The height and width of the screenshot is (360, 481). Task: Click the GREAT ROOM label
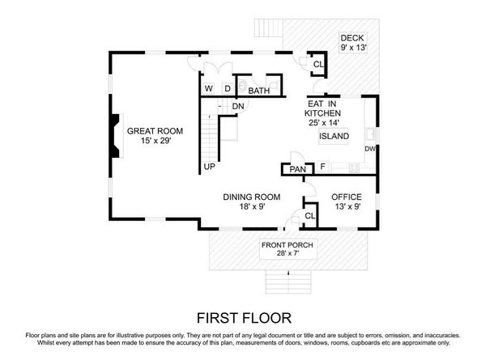tap(154, 131)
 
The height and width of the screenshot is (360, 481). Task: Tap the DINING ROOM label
tap(252, 197)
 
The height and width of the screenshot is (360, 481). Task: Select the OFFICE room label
tap(347, 197)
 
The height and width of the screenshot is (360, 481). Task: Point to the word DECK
tap(352, 38)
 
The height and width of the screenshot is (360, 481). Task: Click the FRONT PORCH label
tap(287, 245)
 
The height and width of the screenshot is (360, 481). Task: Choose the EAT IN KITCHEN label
tap(322, 109)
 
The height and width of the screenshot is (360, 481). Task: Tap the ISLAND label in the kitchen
tap(334, 137)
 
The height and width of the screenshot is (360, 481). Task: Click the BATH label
tap(258, 91)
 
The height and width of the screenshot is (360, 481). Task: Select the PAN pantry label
tap(296, 169)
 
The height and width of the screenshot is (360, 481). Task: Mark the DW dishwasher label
tap(369, 149)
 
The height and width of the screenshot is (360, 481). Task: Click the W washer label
tap(208, 89)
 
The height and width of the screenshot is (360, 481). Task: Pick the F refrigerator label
tap(322, 167)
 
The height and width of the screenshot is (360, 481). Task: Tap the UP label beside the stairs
tap(209, 167)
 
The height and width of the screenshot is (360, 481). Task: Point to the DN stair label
tap(238, 107)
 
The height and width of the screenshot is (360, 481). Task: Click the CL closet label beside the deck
tap(317, 64)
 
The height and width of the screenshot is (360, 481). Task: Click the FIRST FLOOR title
tap(240, 316)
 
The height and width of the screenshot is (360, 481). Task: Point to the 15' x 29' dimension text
tap(154, 142)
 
